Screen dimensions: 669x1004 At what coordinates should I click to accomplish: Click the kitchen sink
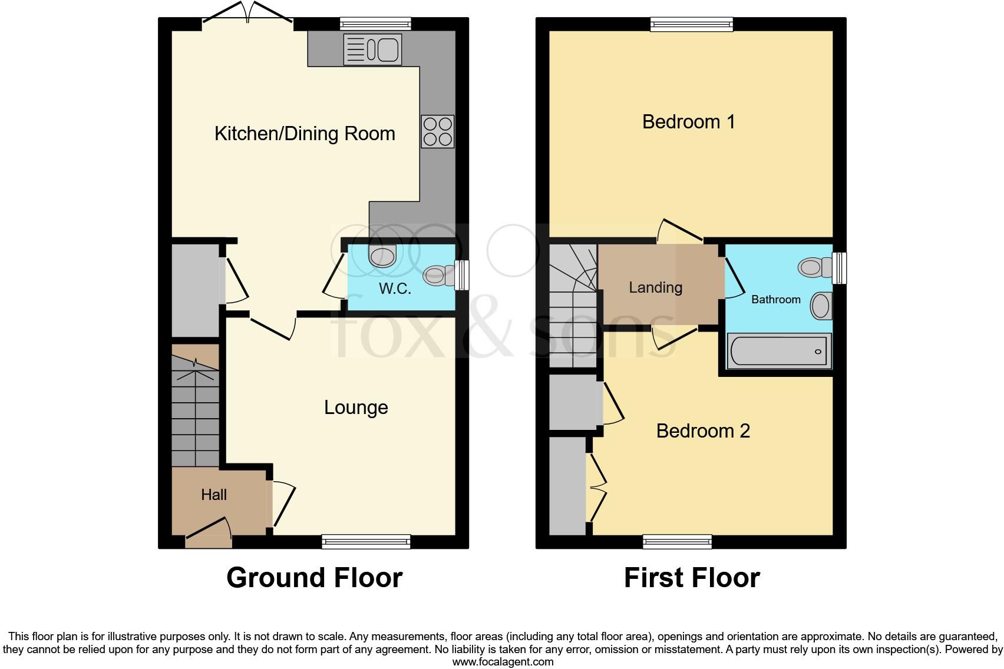[372, 49]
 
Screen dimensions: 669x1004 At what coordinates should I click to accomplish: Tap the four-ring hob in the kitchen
[438, 131]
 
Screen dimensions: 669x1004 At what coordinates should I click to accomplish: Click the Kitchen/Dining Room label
[305, 134]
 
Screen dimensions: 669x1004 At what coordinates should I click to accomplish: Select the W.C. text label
[395, 289]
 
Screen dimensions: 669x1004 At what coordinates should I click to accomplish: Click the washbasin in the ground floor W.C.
[382, 257]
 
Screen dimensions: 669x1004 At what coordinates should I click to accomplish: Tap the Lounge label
[356, 408]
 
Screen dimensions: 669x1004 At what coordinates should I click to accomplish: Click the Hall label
[213, 495]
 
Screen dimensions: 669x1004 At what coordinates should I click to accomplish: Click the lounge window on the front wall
[366, 541]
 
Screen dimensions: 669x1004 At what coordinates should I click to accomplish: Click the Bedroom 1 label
[688, 122]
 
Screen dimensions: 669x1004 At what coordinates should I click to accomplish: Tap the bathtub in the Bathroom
[779, 352]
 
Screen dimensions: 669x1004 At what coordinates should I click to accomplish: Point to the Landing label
[655, 287]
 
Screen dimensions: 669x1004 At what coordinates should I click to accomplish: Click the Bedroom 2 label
[703, 431]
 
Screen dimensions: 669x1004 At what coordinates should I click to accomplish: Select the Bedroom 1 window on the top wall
[692, 24]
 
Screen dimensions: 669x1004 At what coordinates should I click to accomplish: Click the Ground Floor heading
[314, 578]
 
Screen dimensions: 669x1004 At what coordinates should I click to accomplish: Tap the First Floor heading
[692, 578]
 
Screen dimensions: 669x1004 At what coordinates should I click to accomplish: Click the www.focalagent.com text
[503, 661]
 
